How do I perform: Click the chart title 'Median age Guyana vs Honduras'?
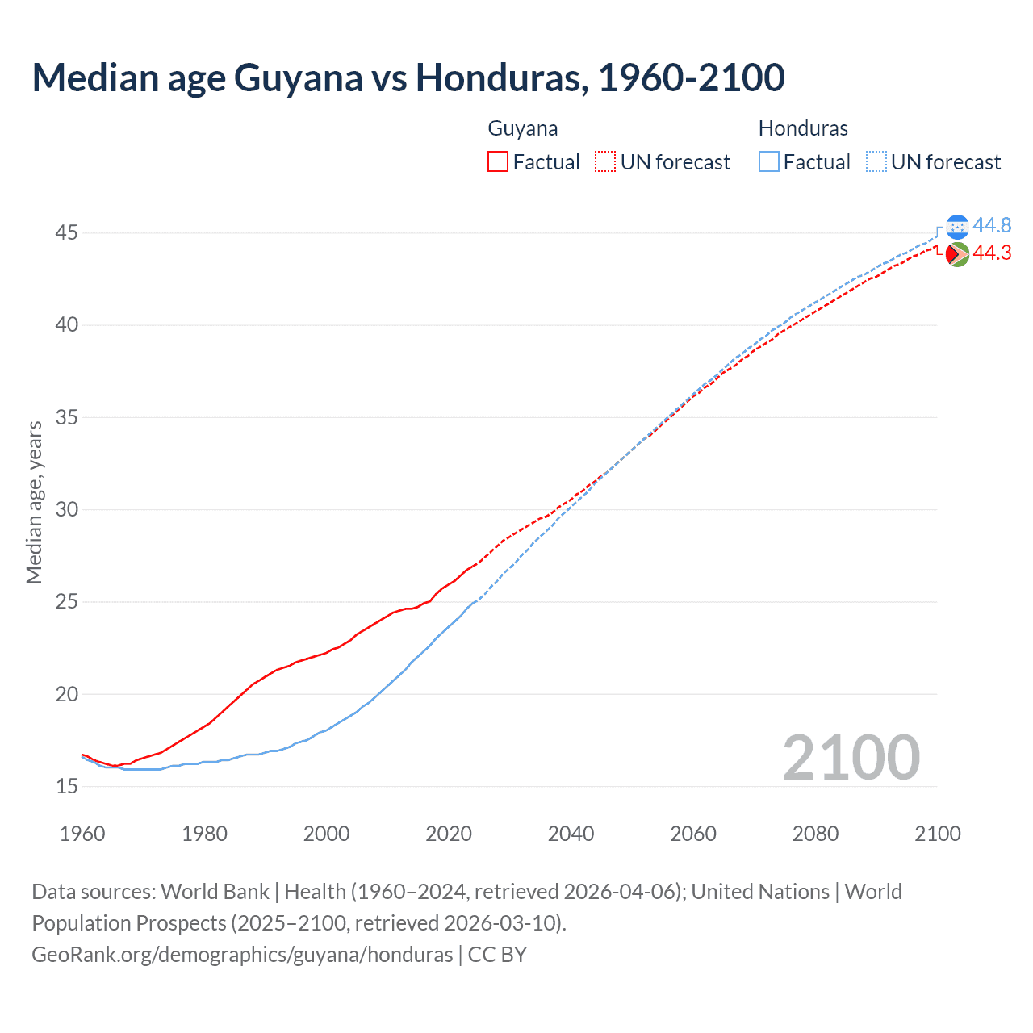click(x=408, y=77)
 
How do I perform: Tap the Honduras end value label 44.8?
click(x=992, y=225)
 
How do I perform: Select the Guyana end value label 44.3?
click(x=992, y=253)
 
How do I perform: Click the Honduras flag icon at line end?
click(x=957, y=227)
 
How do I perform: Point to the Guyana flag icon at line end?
click(x=957, y=254)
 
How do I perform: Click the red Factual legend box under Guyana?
click(x=498, y=162)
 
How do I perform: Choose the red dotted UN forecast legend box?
click(x=605, y=162)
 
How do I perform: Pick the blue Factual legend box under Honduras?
click(x=769, y=162)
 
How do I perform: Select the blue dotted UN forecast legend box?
click(x=876, y=162)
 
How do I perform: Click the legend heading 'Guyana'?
click(x=523, y=128)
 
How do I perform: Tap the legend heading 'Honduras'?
click(x=803, y=128)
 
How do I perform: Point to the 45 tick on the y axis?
click(x=66, y=233)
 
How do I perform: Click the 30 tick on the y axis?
click(x=66, y=510)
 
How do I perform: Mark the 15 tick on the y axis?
click(x=66, y=786)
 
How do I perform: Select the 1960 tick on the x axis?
click(x=82, y=834)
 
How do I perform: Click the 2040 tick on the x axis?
click(x=571, y=834)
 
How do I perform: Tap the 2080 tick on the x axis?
click(x=815, y=834)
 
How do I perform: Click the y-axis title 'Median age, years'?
click(x=34, y=502)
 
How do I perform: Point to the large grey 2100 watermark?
click(x=851, y=757)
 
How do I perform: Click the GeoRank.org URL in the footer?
click(x=242, y=955)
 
